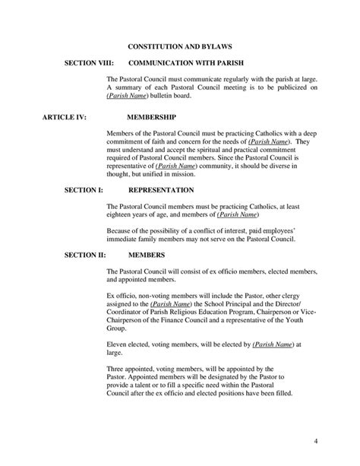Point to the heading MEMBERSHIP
(151, 118)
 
